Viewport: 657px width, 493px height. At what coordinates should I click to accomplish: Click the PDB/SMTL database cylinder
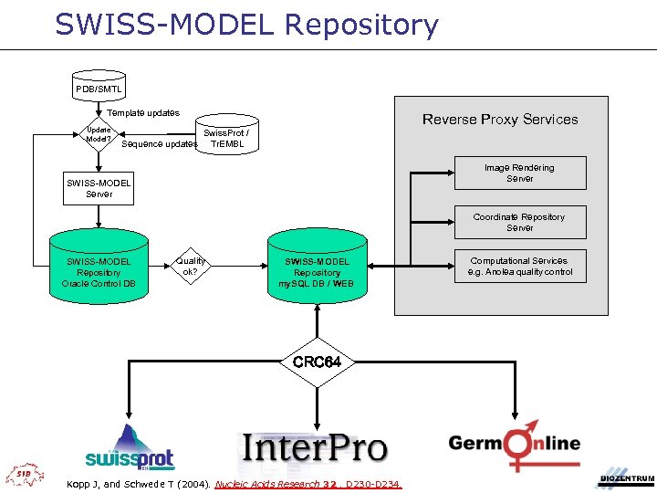tap(99, 88)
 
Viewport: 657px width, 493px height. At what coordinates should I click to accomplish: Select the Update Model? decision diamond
tap(99, 134)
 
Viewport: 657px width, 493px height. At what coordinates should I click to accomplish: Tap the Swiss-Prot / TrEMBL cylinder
tap(225, 138)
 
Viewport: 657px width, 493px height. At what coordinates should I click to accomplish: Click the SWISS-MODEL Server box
tap(99, 188)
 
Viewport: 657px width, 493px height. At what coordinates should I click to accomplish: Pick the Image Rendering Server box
tap(519, 173)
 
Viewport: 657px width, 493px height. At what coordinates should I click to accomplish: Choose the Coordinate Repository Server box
tap(519, 222)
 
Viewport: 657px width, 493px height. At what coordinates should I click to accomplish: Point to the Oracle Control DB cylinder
tap(98, 271)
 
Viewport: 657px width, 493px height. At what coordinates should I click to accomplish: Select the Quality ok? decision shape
tap(191, 267)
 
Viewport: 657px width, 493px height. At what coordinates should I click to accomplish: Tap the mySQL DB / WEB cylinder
tap(317, 272)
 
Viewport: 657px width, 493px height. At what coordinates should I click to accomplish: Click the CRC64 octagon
tap(317, 362)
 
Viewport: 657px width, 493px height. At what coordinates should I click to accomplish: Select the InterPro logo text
tap(315, 448)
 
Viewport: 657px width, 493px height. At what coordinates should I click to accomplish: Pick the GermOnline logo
tap(514, 444)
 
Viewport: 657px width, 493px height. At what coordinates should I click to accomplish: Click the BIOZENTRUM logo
tap(626, 478)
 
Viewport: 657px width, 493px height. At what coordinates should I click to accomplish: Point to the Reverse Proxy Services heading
tap(499, 120)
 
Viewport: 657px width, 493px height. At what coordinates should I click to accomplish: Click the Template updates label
tap(143, 112)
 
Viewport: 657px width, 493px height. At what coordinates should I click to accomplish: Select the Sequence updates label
tap(160, 144)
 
